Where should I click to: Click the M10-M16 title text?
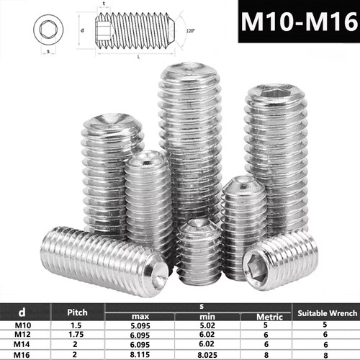tap(300, 22)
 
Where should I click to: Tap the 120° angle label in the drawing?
tap(190, 31)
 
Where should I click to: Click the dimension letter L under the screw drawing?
tap(138, 57)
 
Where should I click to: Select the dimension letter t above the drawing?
tap(104, 4)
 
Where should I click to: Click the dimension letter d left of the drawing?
tap(82, 30)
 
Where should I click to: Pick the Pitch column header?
tap(77, 312)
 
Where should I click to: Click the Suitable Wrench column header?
tap(328, 313)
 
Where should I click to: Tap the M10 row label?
tap(23, 325)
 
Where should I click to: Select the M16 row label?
tap(22, 355)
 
